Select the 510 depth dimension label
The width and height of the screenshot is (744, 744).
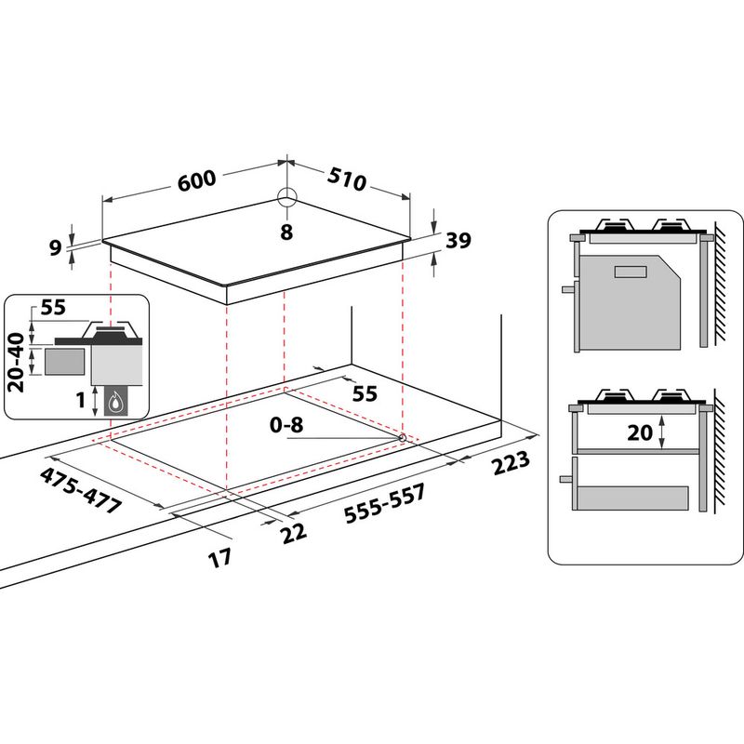click(x=346, y=179)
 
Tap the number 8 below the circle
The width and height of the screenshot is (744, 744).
click(x=286, y=232)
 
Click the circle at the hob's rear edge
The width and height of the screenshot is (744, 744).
click(x=286, y=197)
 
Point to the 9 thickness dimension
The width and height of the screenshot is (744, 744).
click(x=55, y=247)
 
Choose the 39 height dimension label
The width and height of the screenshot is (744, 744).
click(x=458, y=241)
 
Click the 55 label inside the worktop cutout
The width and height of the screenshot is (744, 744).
click(x=365, y=393)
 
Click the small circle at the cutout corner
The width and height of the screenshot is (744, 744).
click(x=401, y=436)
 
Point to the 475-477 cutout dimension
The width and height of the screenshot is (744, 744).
click(x=81, y=489)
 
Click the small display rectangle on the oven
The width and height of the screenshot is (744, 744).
click(x=631, y=271)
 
